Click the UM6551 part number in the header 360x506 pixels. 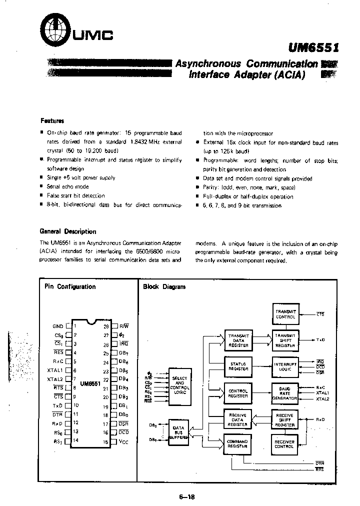(x=313, y=47)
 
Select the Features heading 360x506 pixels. (x=52, y=120)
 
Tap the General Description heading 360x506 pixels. (x=68, y=231)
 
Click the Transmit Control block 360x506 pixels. (x=285, y=314)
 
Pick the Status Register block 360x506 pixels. (x=238, y=365)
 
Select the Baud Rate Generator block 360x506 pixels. (x=285, y=392)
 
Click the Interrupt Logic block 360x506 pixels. (x=285, y=365)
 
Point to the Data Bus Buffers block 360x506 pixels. (x=178, y=432)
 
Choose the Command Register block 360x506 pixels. (x=238, y=444)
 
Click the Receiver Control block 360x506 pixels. (x=284, y=443)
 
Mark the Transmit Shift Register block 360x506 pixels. (x=285, y=339)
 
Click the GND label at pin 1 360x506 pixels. (x=58, y=326)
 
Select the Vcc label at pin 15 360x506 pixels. (x=123, y=441)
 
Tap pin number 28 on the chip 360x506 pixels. (x=106, y=326)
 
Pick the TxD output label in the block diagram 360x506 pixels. (x=319, y=339)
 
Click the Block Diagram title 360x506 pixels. (x=164, y=286)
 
